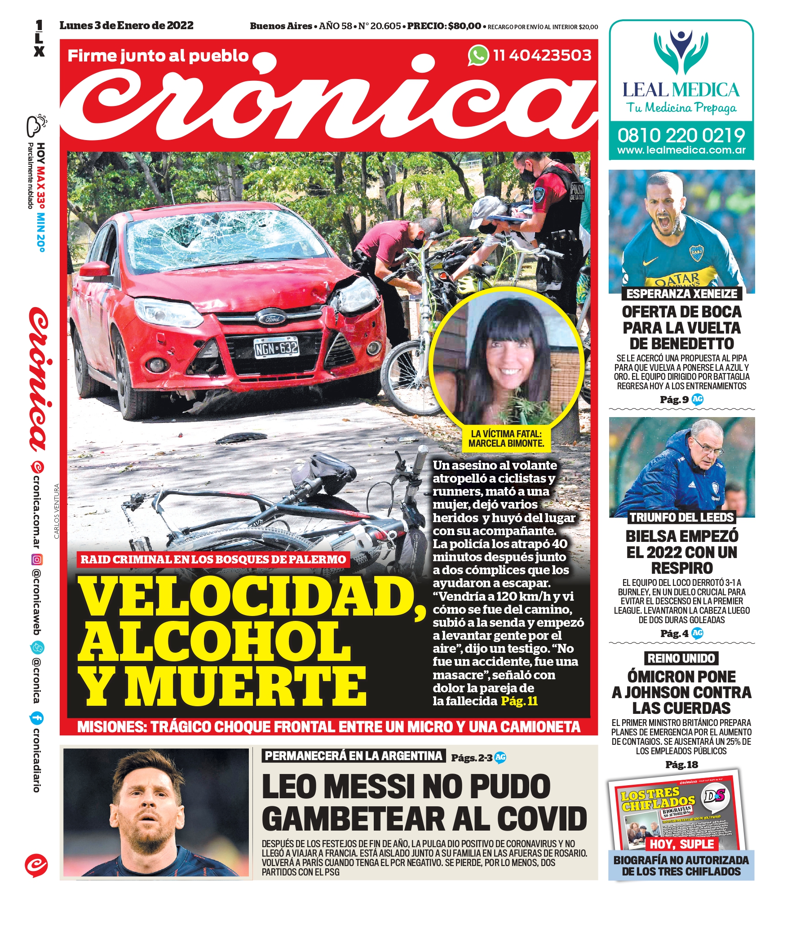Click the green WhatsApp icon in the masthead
(478, 56)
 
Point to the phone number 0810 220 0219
(681, 135)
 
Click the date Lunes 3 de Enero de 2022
(127, 26)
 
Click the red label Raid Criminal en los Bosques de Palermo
(213, 559)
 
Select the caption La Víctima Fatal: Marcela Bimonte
(506, 439)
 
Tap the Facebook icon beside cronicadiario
(36, 717)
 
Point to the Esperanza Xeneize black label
(681, 294)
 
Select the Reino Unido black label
(681, 658)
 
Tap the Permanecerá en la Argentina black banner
(354, 756)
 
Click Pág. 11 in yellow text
(519, 701)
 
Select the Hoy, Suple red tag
(681, 844)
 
